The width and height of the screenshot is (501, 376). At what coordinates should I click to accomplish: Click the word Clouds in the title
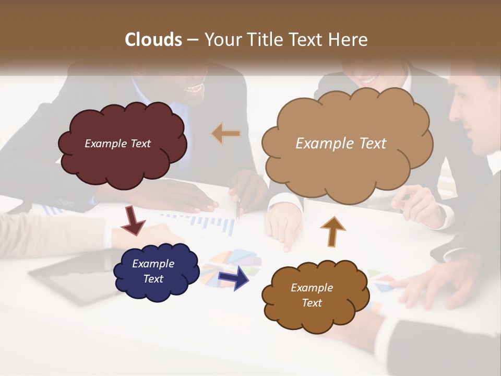[153, 40]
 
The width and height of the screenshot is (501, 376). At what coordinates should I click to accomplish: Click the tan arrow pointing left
[226, 134]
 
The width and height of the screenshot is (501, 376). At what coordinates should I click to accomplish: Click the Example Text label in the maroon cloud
[117, 144]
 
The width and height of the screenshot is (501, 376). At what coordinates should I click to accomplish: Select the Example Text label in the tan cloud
[341, 144]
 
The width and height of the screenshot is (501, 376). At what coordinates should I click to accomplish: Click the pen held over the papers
[238, 209]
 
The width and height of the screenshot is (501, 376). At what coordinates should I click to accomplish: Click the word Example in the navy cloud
[153, 264]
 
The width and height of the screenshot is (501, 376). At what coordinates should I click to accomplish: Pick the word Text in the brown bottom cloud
[312, 303]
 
